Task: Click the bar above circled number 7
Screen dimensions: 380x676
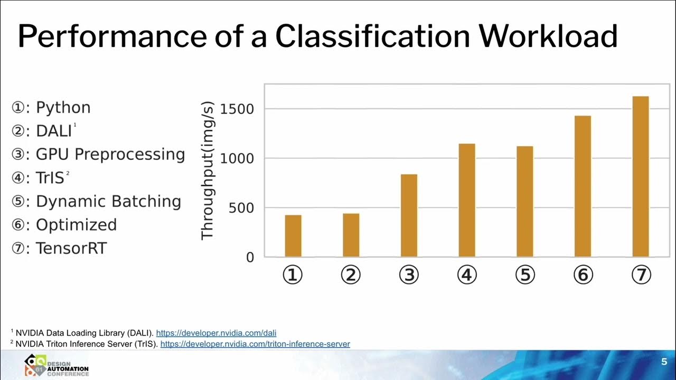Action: pos(640,176)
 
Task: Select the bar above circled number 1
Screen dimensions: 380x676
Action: pos(293,236)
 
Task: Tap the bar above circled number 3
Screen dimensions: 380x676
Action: pos(409,215)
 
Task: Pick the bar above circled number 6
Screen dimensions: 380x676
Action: pos(583,186)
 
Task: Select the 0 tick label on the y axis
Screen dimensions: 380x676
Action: pos(249,258)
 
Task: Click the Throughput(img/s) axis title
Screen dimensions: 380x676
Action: pos(208,170)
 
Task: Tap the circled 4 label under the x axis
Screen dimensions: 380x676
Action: pos(467,275)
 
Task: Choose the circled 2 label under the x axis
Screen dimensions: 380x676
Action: pos(351,275)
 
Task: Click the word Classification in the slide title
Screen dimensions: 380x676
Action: pos(372,36)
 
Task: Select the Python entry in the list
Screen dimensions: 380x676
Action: pos(63,108)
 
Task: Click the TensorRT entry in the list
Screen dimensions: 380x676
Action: pos(71,248)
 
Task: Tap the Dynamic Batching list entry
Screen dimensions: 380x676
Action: pos(108,202)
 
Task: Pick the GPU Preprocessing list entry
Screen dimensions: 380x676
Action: pos(110,155)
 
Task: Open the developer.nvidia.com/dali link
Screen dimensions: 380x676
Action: pos(216,333)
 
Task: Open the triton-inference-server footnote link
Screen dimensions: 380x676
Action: pos(255,344)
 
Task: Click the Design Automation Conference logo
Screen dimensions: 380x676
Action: pos(56,365)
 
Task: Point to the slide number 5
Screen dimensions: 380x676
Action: pos(664,362)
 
